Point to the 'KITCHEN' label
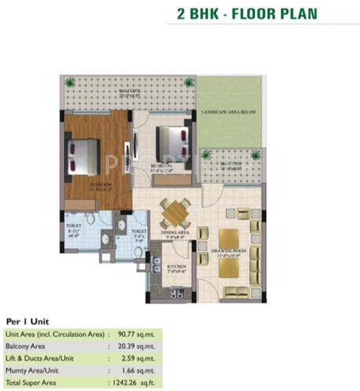(178, 267)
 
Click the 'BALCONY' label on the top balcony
(129, 91)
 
